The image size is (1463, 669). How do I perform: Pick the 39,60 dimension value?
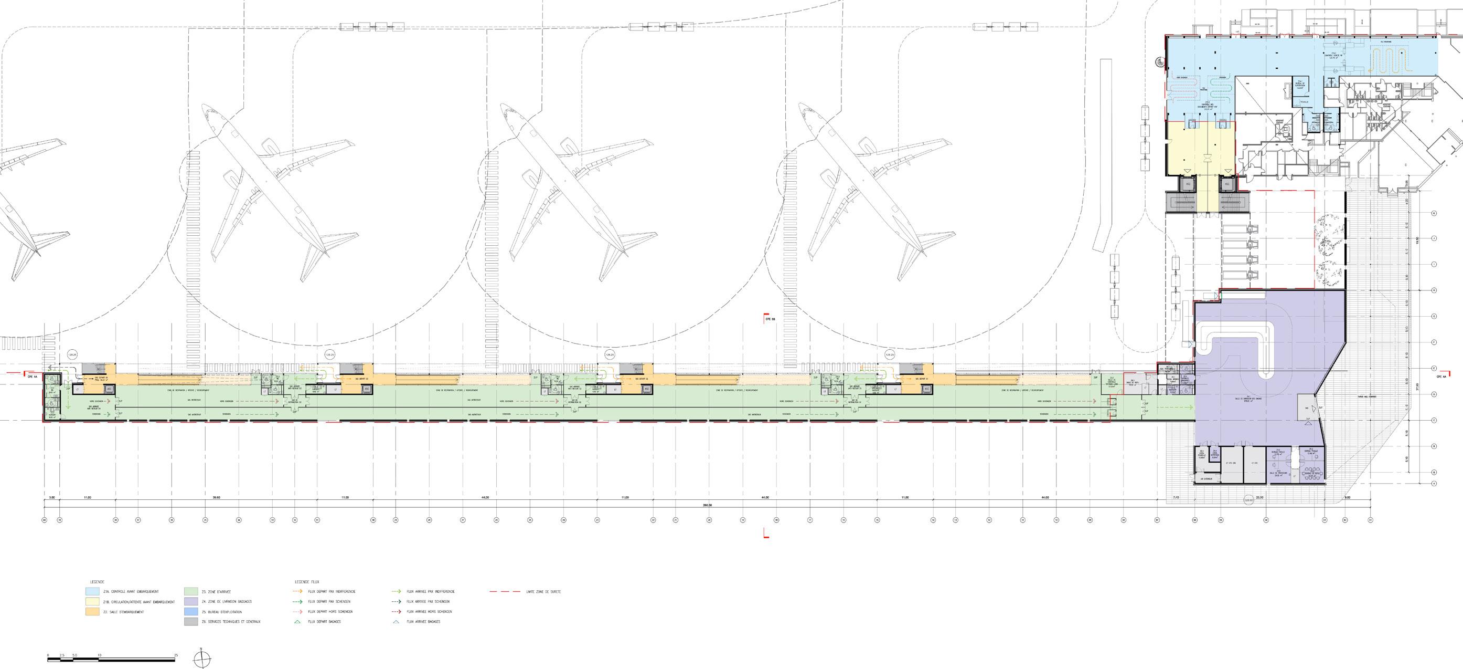[x=217, y=498]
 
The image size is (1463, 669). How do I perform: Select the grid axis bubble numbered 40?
[x=44, y=519]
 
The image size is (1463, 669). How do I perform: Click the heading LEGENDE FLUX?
[x=303, y=582]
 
